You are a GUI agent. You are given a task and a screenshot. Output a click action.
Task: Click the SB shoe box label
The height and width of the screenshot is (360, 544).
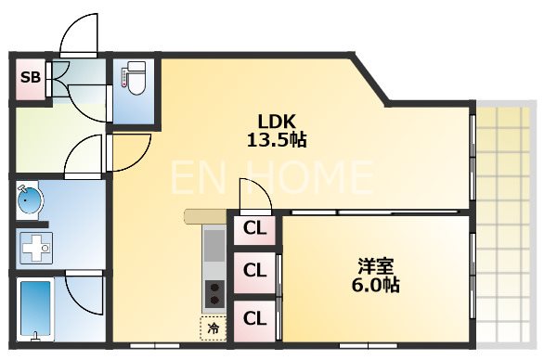(x=30, y=77)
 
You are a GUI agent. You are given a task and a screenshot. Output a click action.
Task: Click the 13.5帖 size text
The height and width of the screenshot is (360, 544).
(x=276, y=141)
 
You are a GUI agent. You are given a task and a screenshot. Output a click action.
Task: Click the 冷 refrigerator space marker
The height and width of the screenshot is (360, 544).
(x=213, y=327)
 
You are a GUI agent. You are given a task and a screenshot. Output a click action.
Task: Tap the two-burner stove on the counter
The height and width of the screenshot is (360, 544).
(x=213, y=293)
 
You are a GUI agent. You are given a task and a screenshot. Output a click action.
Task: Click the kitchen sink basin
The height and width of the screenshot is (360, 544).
(x=213, y=247)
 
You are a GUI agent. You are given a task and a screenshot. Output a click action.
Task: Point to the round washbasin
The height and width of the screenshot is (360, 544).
(x=29, y=199)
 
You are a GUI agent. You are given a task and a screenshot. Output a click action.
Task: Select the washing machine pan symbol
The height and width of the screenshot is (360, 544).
(x=34, y=249)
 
